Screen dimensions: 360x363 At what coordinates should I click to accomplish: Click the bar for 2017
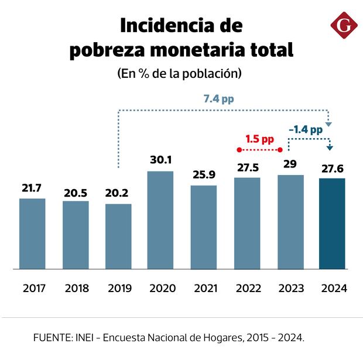(x=32, y=234)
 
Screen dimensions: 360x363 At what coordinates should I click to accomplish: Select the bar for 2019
(x=118, y=236)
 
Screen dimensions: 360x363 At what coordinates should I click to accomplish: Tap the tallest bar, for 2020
(x=161, y=220)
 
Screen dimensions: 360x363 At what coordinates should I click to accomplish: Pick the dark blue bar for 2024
(x=332, y=224)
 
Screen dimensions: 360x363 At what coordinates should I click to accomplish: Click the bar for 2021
(x=204, y=227)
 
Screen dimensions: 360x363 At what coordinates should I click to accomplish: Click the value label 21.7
(x=32, y=188)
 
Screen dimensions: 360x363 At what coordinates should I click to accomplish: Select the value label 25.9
(x=204, y=174)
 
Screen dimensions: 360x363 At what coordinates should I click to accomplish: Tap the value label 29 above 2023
(x=290, y=164)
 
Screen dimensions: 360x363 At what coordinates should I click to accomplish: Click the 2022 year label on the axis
(x=247, y=288)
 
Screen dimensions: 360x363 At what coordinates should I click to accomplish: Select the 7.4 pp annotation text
(x=218, y=99)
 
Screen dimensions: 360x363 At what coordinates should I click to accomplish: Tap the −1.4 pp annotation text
(x=305, y=129)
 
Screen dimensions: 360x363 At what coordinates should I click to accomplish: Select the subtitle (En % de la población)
(x=180, y=74)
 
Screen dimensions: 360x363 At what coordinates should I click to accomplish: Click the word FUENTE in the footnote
(x=52, y=338)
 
